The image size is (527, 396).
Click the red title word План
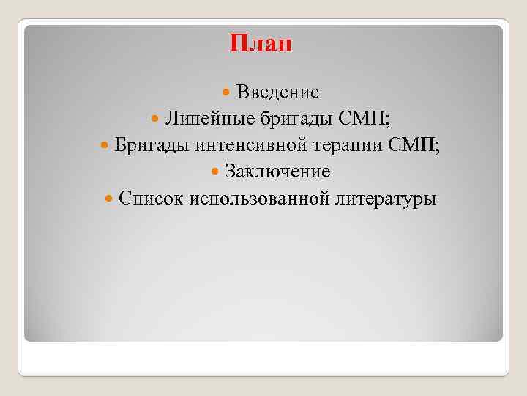(x=261, y=43)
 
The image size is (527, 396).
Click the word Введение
(x=277, y=92)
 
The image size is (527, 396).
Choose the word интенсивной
(x=250, y=145)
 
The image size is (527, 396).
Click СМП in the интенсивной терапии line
(x=413, y=145)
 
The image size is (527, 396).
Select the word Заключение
(x=277, y=172)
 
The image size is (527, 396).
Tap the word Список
(x=150, y=198)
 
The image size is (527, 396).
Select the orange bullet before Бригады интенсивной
(x=102, y=146)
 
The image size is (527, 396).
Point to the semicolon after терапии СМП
(x=438, y=147)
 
